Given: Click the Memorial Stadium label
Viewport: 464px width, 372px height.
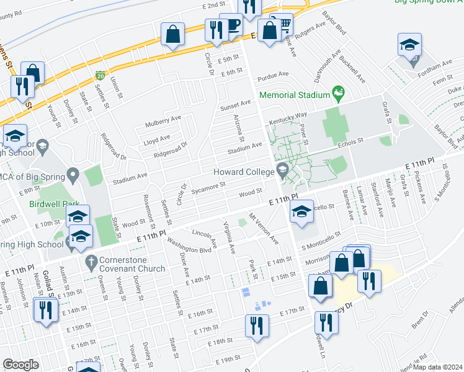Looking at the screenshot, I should tap(293, 95).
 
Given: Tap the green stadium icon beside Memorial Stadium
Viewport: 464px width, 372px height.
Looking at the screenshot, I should tap(338, 94).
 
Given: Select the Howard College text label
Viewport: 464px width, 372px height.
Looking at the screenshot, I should tap(243, 172).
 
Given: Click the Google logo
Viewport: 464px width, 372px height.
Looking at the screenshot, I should tap(20, 365).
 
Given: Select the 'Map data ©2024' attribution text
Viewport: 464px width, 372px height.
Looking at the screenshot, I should tap(437, 367).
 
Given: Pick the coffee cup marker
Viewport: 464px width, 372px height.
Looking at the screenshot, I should tap(231, 26).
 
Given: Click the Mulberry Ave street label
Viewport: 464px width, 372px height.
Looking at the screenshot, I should tap(163, 118).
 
